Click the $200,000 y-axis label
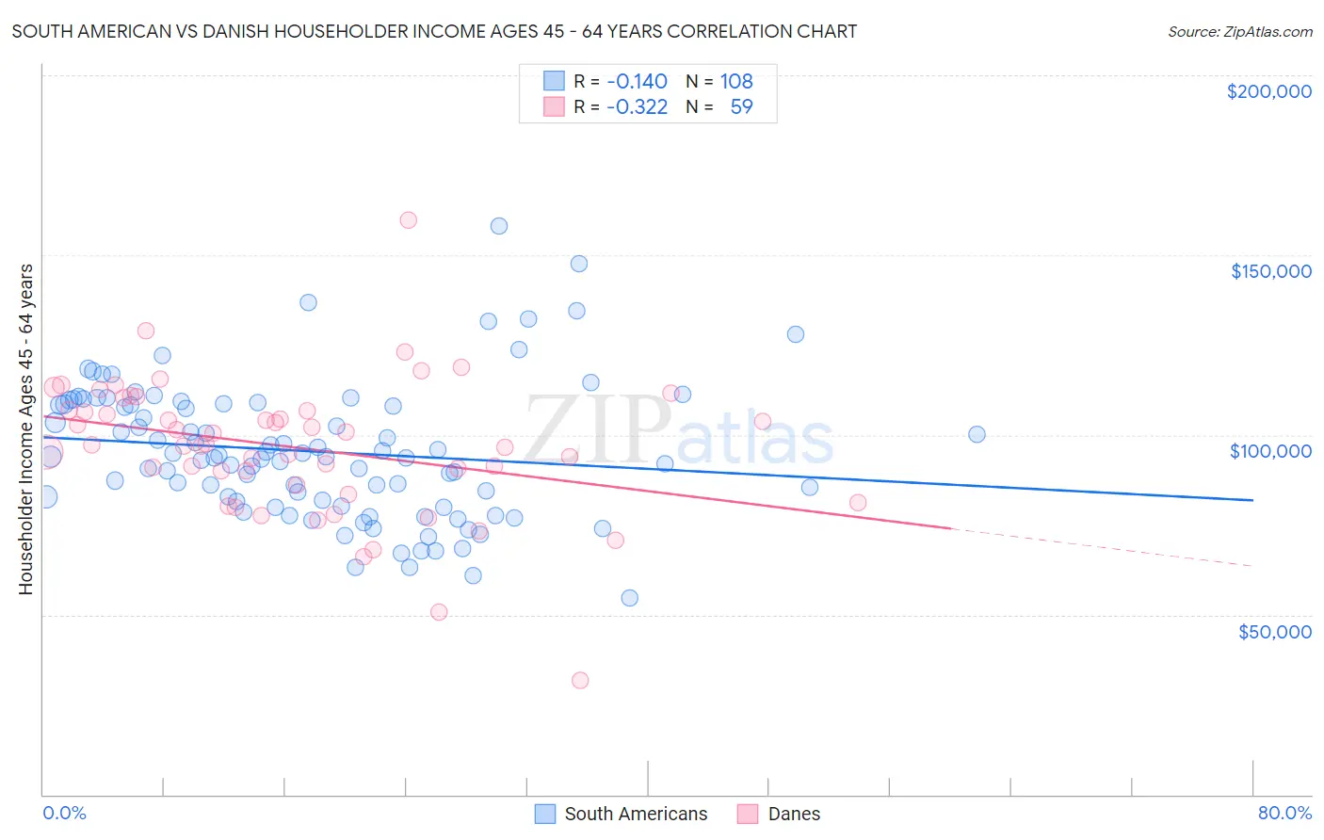[1268, 91]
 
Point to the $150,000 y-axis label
[1270, 271]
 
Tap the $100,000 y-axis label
[1270, 451]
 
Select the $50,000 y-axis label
[1274, 631]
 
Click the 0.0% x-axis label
[64, 813]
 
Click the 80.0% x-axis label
[1284, 813]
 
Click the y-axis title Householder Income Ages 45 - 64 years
[26, 428]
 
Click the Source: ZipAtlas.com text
[1239, 31]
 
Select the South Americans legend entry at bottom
[635, 814]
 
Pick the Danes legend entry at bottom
[793, 814]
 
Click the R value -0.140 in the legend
[637, 81]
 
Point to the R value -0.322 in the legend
[637, 106]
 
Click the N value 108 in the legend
[735, 81]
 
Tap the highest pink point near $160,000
[408, 220]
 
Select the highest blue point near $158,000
[499, 226]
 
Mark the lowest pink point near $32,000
[580, 680]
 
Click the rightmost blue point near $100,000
[977, 434]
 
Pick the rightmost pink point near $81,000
[858, 503]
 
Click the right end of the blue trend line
[1252, 500]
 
